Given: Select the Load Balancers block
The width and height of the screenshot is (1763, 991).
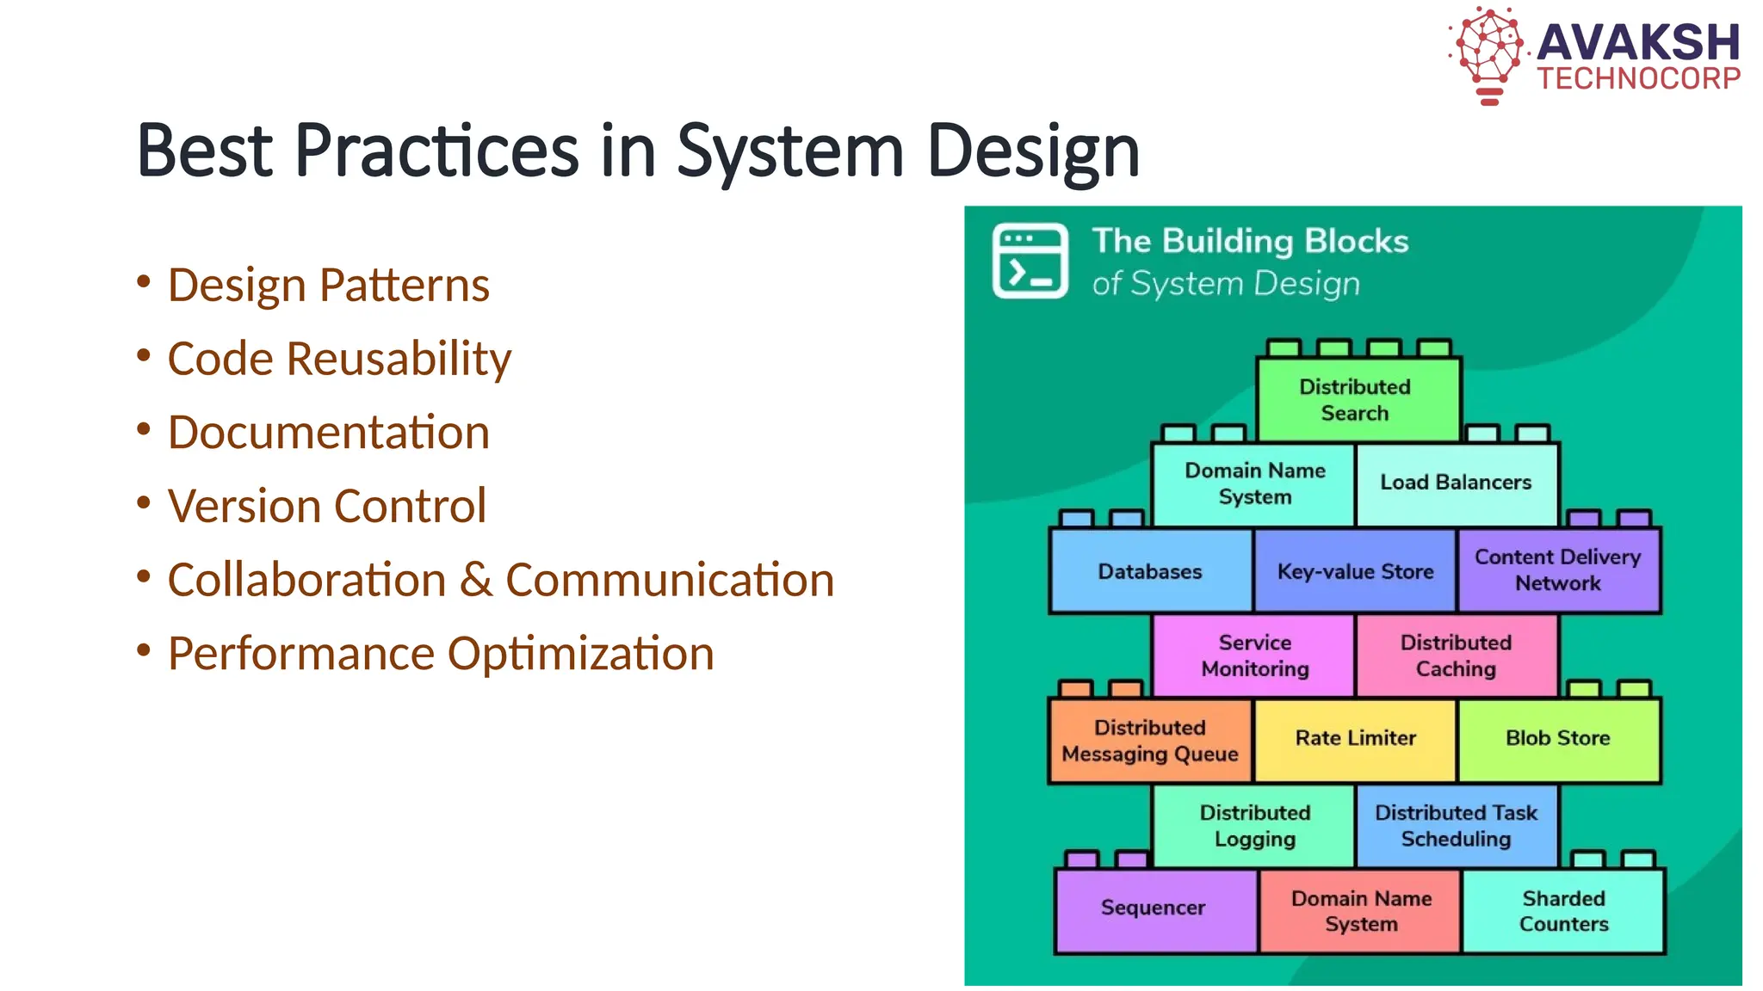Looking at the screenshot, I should coord(1456,483).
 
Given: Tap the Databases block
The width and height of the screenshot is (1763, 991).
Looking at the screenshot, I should coord(1150,571).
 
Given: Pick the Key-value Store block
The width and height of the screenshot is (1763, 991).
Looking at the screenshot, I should coord(1355,571).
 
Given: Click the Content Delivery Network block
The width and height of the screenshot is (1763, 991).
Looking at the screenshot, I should coord(1557,569).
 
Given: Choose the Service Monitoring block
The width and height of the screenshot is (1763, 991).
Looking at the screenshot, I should coord(1254,656).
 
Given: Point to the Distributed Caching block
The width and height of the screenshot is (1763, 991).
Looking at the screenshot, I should coord(1456,656).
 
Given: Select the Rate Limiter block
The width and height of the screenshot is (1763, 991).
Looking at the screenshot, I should coord(1355,738).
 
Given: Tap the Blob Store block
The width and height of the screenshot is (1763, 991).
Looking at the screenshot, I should coord(1557,738).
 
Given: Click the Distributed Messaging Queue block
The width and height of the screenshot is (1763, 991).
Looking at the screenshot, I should coord(1150,741).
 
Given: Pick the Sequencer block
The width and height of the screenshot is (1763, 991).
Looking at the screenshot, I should coord(1154,908).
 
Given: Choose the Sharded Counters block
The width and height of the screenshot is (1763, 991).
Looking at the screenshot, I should coord(1563,911).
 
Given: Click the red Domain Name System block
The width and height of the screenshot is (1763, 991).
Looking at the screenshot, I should coord(1360,911).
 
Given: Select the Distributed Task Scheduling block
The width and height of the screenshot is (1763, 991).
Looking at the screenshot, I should coord(1456,826).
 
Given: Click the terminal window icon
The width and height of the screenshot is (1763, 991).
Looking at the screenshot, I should coord(1030,261).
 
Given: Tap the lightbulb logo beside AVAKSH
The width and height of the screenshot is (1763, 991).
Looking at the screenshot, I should coord(1488,53).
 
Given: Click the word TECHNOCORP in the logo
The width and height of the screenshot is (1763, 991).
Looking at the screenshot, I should coord(1638,79).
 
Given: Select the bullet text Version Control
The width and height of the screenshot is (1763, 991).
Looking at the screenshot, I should coord(327,506).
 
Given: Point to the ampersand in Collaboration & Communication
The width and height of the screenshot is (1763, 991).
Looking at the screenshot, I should coord(475,580).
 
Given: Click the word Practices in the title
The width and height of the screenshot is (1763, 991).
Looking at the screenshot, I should coord(436,151).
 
